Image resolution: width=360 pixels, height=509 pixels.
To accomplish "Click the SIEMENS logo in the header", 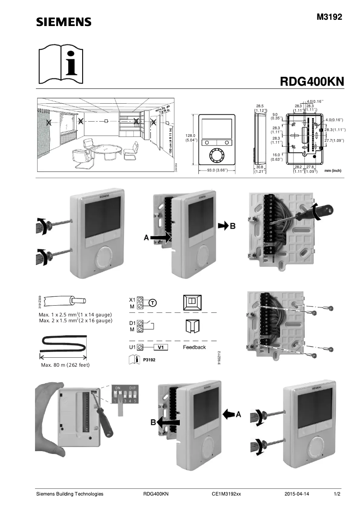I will click(x=64, y=22).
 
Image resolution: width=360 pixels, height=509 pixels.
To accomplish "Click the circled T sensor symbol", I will click(x=153, y=303).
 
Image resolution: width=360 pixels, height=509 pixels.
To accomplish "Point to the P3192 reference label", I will click(x=149, y=360).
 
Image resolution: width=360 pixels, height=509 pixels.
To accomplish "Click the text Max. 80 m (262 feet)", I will click(x=65, y=365).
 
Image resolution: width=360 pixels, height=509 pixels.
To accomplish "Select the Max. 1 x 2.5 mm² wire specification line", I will click(x=75, y=315).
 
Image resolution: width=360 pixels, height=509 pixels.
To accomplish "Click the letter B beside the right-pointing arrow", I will click(x=233, y=227).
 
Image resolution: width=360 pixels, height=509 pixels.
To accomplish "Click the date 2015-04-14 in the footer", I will click(x=297, y=494).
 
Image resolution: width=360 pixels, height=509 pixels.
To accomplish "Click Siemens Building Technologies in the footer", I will click(x=70, y=494).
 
